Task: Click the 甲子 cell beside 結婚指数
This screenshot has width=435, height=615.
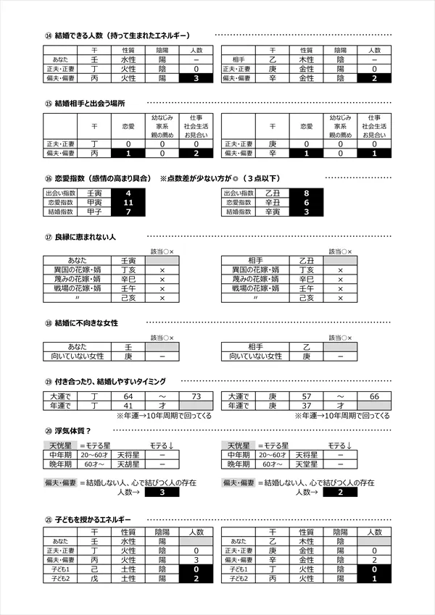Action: point(94,213)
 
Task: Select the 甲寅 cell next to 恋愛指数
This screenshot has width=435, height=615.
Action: point(94,204)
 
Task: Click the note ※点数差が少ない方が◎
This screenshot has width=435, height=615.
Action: point(217,178)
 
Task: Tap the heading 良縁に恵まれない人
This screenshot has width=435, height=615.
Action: point(86,238)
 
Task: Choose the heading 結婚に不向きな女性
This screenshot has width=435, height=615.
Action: point(86,322)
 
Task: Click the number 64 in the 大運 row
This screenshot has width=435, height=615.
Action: point(128,396)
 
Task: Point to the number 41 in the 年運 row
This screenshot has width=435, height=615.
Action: point(128,406)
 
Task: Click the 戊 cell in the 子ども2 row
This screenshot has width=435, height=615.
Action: point(94,579)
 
